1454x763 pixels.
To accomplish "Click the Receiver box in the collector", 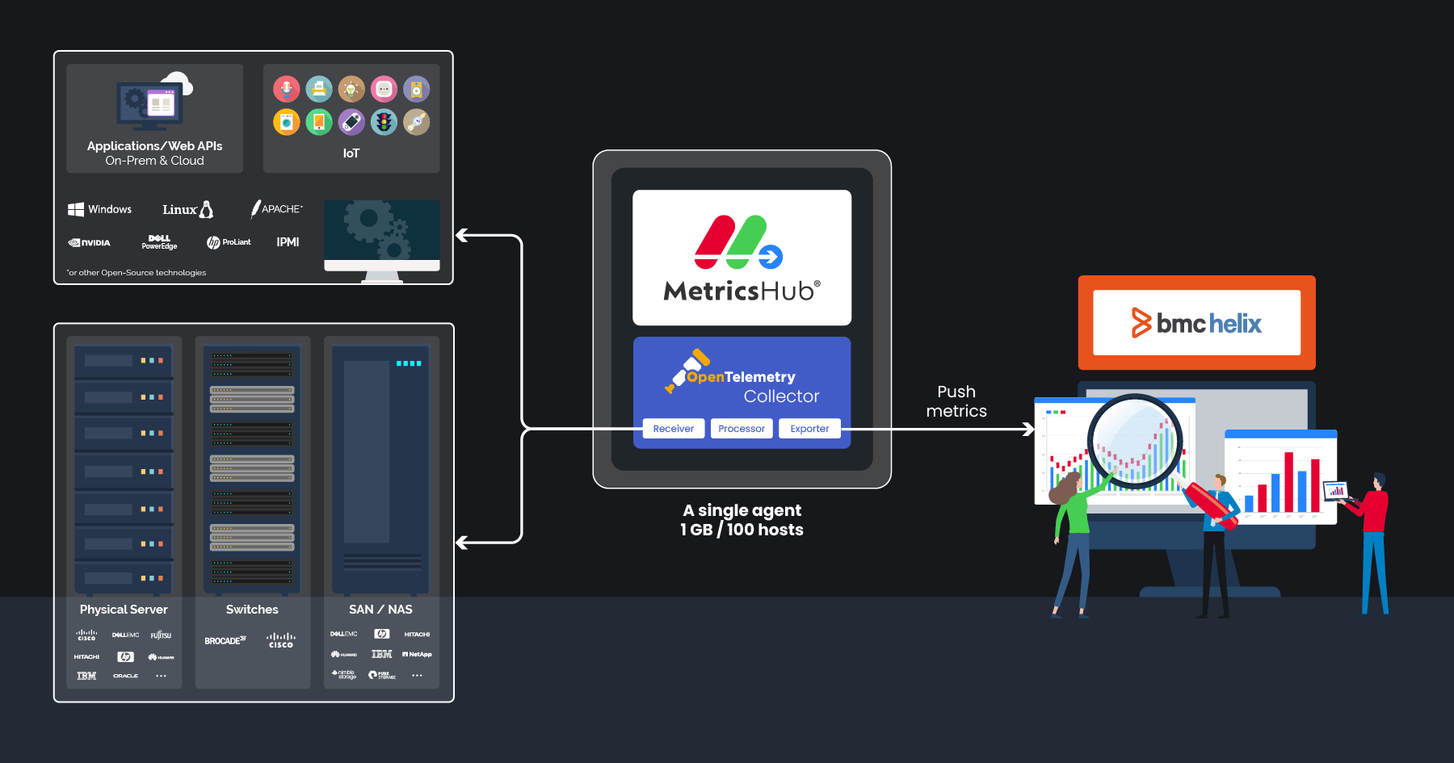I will pos(674,429).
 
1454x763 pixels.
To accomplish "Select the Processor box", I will pos(742,429).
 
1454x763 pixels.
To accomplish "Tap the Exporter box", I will pos(809,429).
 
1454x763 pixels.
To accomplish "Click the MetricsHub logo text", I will pos(742,291).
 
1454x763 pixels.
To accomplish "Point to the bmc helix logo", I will pos(1196,323).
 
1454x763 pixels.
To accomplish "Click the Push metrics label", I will pos(956,401).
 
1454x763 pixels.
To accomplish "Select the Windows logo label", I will pos(100,209).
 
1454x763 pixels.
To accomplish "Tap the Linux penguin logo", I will pos(206,209).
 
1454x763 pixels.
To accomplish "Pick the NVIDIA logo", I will pos(90,242).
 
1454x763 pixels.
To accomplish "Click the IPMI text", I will pos(288,242).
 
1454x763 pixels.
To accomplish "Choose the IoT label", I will pos(351,153).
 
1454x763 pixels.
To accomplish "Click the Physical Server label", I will pos(124,610).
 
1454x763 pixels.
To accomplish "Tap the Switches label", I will pos(252,610).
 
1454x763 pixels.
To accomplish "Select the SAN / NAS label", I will pos(380,610).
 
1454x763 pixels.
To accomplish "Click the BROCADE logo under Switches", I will pos(225,641).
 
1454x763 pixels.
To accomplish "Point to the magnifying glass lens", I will pos(1134,442).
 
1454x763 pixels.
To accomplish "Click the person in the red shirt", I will pos(1374,541).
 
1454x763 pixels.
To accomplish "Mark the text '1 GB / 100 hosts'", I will pos(742,530).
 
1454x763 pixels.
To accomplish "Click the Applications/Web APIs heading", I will pos(154,146).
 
